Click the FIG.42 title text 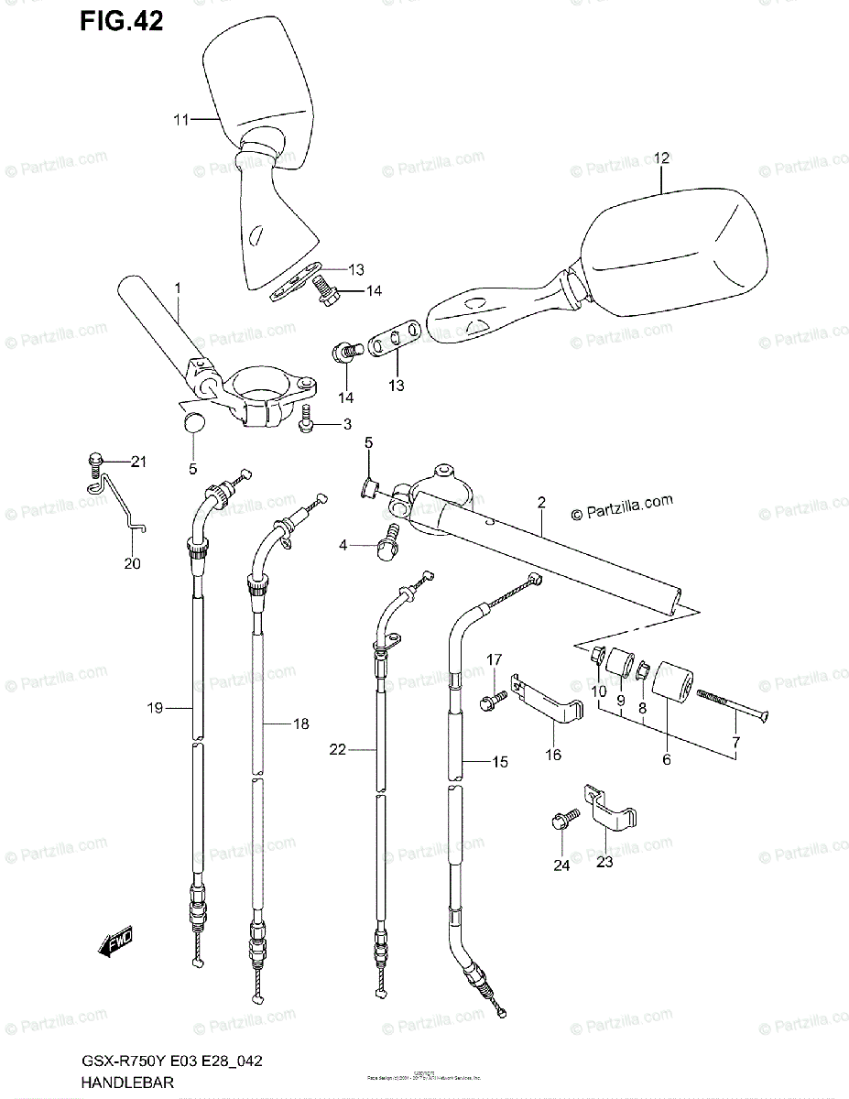[x=121, y=22]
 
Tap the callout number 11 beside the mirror [x=181, y=119]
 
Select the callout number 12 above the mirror [x=661, y=158]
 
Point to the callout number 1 [x=178, y=288]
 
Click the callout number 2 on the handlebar [x=541, y=502]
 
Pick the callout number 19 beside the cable [x=155, y=707]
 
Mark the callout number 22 [x=338, y=749]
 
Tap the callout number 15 [x=500, y=762]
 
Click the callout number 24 [x=561, y=864]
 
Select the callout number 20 [x=133, y=563]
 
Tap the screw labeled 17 [x=491, y=701]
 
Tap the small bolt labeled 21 [x=93, y=462]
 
